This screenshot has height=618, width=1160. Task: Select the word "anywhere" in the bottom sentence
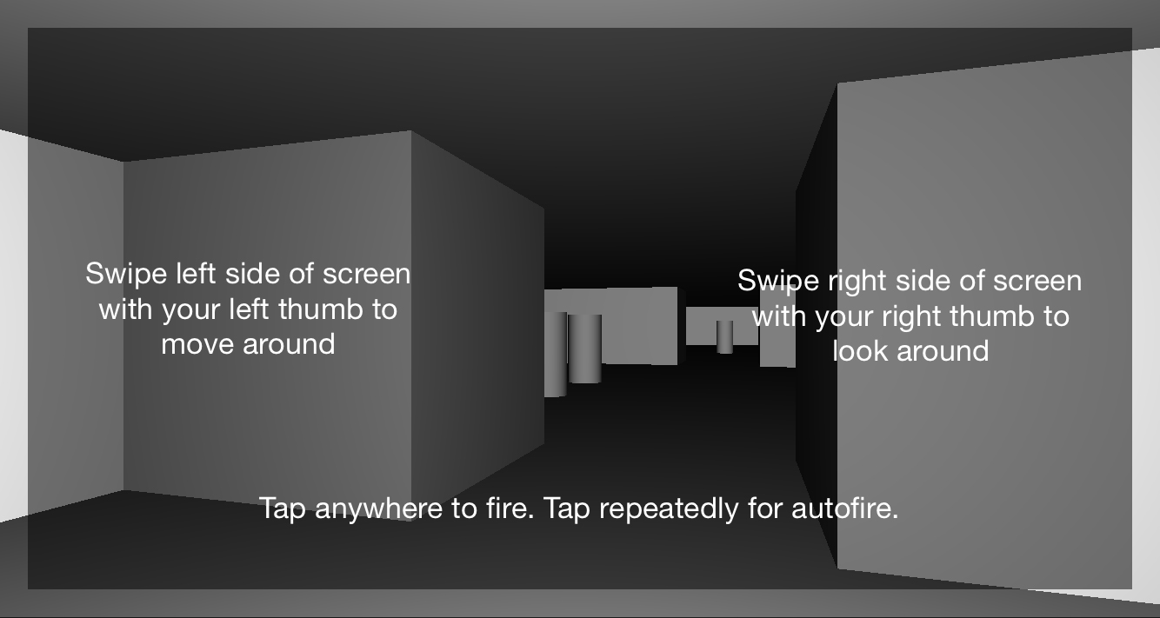[x=378, y=509]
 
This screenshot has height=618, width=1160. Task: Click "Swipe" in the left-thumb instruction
[x=126, y=275]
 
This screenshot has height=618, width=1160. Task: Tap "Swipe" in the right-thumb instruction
[x=778, y=282]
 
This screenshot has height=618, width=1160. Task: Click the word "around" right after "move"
[x=289, y=345]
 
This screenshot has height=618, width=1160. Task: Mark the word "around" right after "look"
[x=943, y=352]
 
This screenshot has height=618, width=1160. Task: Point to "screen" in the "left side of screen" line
[x=366, y=275]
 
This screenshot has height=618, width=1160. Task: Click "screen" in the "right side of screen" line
[x=1037, y=281]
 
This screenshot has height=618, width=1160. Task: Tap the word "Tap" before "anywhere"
[x=283, y=509]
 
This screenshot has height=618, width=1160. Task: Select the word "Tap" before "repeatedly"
[x=567, y=509]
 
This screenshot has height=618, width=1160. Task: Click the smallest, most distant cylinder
[x=725, y=337]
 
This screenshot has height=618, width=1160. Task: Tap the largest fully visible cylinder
[x=585, y=349]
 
